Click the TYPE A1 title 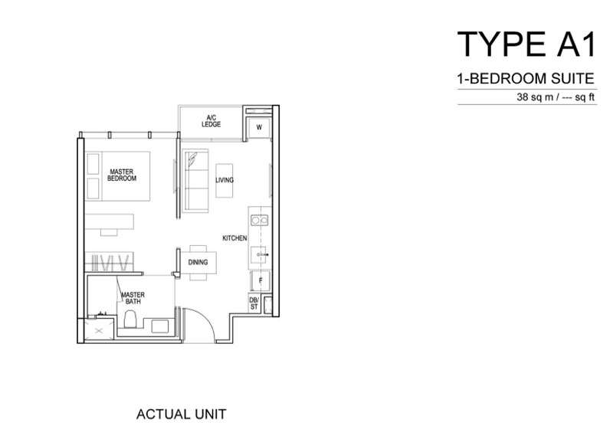(x=526, y=44)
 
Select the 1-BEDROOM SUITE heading (x=526, y=79)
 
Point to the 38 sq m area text (x=535, y=97)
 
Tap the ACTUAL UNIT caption (x=181, y=414)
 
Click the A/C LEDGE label (x=211, y=121)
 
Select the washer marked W (x=259, y=127)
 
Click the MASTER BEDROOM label (x=122, y=175)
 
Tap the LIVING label (x=225, y=180)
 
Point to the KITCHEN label (x=234, y=238)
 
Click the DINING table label (x=198, y=262)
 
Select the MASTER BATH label (x=133, y=298)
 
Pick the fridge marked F (x=261, y=280)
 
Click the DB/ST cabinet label (x=254, y=303)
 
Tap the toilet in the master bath (x=130, y=319)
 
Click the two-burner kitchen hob (x=260, y=221)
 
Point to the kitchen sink (x=259, y=255)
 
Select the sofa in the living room (x=195, y=181)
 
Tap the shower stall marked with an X (x=99, y=331)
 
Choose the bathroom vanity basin (x=160, y=326)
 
